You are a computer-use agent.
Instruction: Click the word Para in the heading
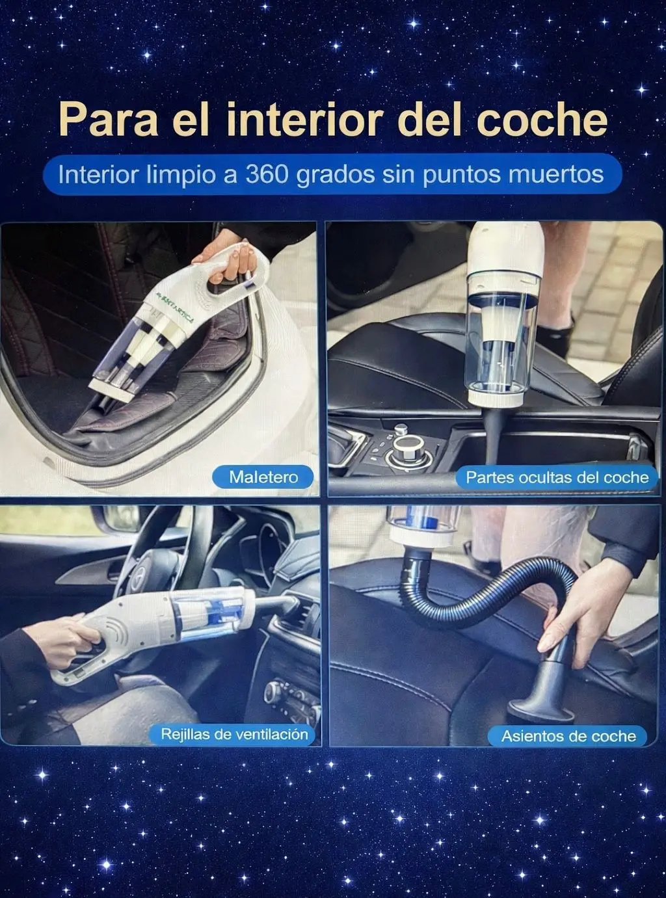tap(109, 118)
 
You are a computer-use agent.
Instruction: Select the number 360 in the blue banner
tap(268, 174)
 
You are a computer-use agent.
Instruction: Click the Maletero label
tap(263, 477)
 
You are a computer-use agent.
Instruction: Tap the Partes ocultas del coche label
tap(557, 477)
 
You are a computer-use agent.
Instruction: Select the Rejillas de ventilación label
tap(234, 734)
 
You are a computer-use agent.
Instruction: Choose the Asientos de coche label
tap(568, 735)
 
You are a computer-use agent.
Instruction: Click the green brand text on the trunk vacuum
tap(174, 306)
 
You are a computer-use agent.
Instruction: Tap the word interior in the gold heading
tap(306, 118)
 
